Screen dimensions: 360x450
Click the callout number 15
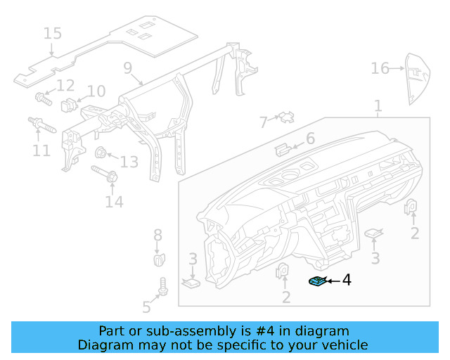[53, 33]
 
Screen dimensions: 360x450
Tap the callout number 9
[128, 68]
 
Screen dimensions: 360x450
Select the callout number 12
[65, 86]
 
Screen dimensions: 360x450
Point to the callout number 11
[41, 150]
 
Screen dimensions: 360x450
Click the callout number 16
[380, 68]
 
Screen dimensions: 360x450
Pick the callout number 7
[264, 122]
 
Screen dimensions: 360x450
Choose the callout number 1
[378, 106]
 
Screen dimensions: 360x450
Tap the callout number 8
[157, 235]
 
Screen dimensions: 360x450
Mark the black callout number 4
[346, 280]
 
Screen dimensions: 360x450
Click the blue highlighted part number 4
[317, 282]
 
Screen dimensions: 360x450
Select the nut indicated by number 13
[101, 152]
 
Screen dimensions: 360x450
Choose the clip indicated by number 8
[158, 258]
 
